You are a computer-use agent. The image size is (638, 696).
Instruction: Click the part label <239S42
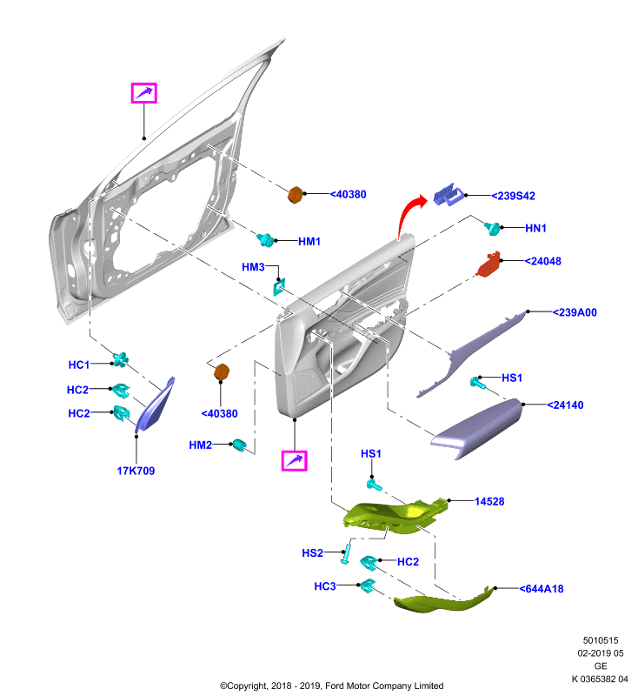coord(514,196)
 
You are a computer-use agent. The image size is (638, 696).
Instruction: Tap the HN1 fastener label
coord(535,228)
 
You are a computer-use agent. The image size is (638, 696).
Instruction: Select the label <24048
coord(542,261)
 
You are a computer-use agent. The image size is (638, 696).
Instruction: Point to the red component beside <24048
coord(488,264)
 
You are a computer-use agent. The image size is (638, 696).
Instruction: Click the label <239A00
coord(575,312)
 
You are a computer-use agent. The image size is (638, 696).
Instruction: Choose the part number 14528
coord(489,502)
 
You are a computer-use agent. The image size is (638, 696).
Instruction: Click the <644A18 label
coord(542,589)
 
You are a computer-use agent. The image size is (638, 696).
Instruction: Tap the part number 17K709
coord(136,471)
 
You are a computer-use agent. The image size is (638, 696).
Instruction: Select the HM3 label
coord(253,267)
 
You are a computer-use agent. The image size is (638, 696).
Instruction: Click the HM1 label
coord(309,242)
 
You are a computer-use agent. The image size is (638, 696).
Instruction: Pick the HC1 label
coord(79,365)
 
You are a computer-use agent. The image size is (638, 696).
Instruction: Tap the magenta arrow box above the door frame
coord(144,93)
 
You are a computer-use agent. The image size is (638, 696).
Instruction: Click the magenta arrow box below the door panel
coord(295,461)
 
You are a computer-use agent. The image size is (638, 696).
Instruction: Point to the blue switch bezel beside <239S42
coord(449,195)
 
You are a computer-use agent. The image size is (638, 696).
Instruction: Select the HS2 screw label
coord(313,553)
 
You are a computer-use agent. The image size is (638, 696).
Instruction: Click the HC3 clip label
coord(325,586)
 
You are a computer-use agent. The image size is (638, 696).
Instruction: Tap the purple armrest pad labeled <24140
coord(476,428)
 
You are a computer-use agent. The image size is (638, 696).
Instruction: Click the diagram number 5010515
coord(601,640)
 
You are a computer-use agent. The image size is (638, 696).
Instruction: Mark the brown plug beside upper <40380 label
coord(296,195)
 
